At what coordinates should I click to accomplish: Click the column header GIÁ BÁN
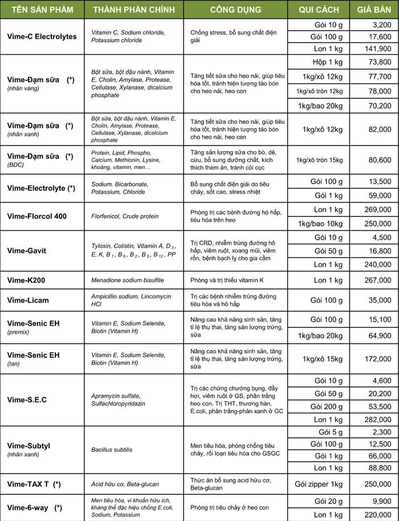coord(373,10)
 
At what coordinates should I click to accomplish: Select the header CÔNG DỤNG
coord(235,10)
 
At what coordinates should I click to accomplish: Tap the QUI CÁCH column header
coord(318,10)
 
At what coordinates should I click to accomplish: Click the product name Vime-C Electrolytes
coord(42,37)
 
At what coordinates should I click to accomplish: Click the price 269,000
coord(377,209)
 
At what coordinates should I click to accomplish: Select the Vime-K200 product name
coord(27,280)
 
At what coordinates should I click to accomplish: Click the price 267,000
coord(377,280)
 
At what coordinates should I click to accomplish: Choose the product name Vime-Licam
coord(28,300)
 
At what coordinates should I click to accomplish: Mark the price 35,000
coord(379,300)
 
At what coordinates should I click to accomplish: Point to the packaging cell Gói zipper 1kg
coord(319,484)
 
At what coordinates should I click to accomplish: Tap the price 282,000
coord(377,420)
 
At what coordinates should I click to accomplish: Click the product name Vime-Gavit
coord(27,251)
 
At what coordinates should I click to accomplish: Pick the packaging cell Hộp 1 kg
coord(328,62)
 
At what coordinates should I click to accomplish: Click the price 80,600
coord(379,160)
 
